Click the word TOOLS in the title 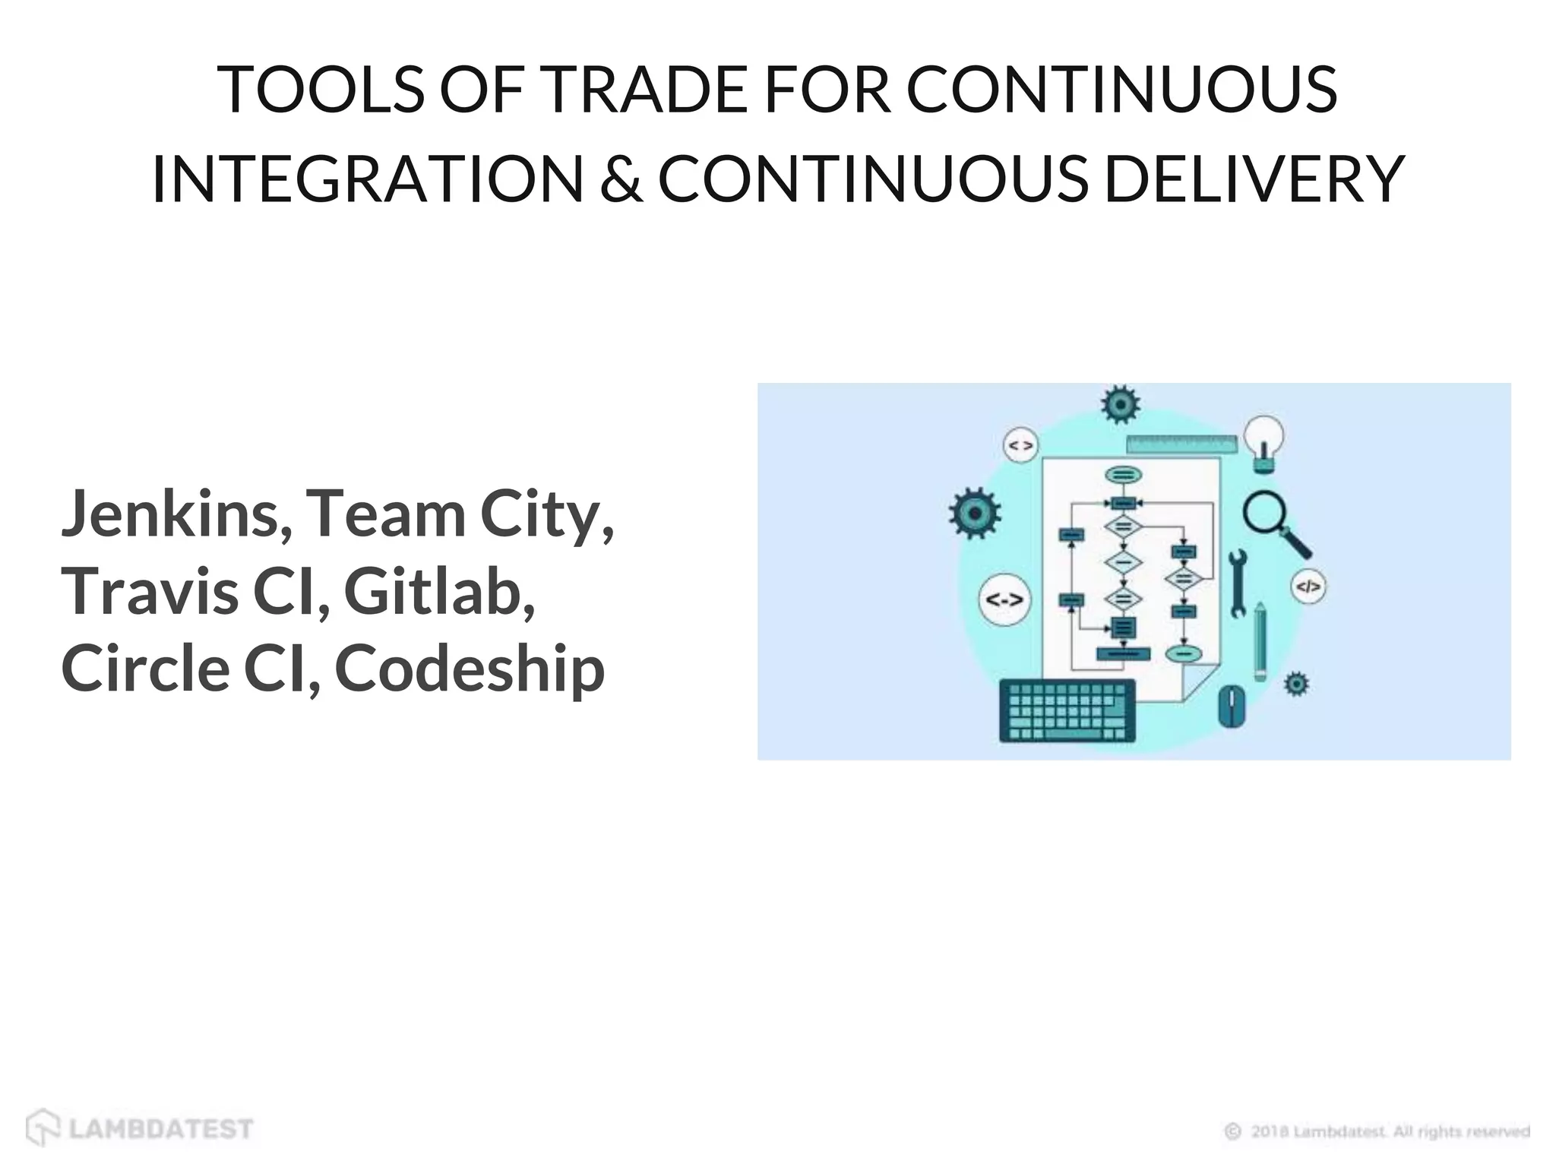click(x=319, y=90)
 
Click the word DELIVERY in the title click(x=1254, y=179)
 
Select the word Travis click(x=149, y=592)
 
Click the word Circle click(x=145, y=669)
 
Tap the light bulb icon click(x=1263, y=443)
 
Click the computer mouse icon click(x=1232, y=706)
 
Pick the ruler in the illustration click(x=1181, y=444)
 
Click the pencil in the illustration click(x=1260, y=641)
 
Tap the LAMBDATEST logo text click(x=160, y=1129)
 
